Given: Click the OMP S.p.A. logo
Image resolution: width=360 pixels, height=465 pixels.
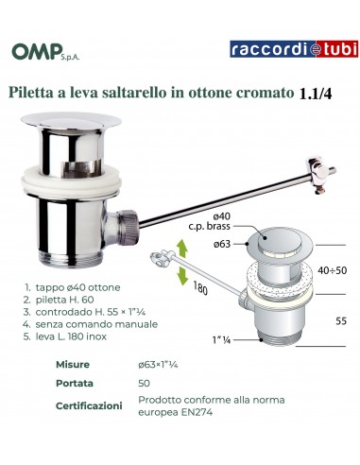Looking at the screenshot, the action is [45, 52].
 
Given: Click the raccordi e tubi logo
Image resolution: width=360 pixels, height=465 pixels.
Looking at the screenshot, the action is [294, 49].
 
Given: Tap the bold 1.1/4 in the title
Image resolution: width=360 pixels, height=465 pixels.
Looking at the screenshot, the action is [315, 94].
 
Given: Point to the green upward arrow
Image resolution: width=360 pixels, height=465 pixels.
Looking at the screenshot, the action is [181, 249].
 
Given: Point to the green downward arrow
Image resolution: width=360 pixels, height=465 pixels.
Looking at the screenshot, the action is [182, 275].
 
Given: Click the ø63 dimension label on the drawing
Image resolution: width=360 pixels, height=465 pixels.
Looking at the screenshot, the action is [222, 244].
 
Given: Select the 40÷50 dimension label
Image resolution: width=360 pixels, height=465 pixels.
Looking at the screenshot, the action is [332, 270].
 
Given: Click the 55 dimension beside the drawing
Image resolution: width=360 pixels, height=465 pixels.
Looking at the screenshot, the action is [341, 321].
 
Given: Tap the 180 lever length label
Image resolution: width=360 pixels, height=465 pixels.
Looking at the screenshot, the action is [200, 288].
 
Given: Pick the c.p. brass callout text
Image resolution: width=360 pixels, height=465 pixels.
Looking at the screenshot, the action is [209, 226].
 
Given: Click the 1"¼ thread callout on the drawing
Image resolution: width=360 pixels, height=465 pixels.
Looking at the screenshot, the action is [221, 340].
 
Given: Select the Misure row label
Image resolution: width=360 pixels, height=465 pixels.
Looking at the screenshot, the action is [73, 365].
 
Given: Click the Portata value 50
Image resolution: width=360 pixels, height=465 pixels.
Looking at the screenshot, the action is [144, 384].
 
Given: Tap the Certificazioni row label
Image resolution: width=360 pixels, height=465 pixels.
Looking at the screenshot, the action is [89, 405].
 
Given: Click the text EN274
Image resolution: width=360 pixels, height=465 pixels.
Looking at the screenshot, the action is [197, 412].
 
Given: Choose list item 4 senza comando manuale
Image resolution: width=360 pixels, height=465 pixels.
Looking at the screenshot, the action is [90, 324].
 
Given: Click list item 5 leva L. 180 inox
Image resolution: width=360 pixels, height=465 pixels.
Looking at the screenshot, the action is [65, 336].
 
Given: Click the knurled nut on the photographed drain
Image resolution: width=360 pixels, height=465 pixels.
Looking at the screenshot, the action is [128, 227].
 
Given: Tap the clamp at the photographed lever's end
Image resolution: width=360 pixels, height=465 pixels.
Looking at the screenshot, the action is [318, 175].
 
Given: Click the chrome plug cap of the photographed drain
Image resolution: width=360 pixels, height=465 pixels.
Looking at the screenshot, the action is [71, 121].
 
